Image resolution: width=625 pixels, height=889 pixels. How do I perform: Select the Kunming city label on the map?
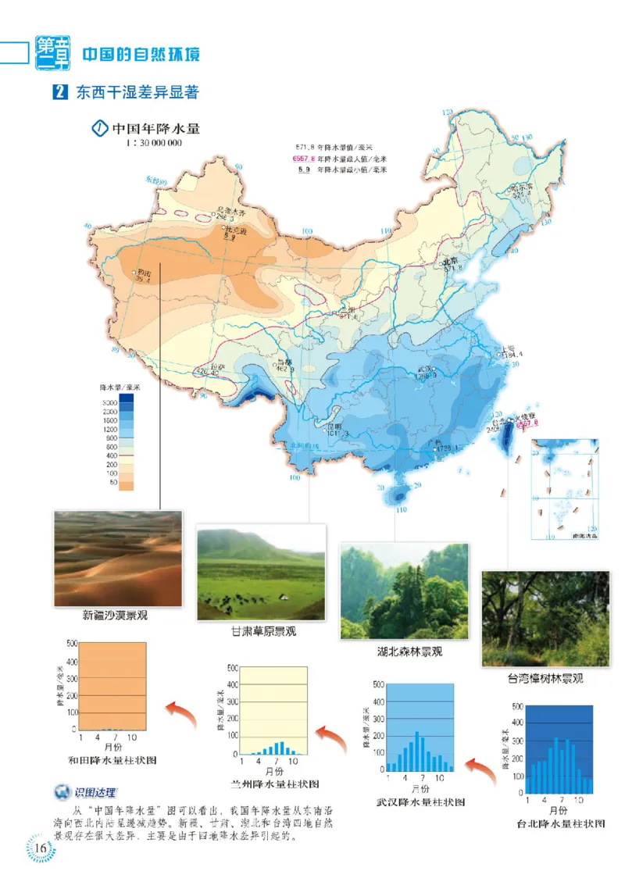[336, 427]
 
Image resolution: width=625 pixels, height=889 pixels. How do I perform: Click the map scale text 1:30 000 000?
[153, 143]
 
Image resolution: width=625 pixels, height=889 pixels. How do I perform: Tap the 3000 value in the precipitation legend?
[109, 402]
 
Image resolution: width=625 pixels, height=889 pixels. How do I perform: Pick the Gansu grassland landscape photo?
[261, 573]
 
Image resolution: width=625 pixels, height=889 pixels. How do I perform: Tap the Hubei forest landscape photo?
[404, 592]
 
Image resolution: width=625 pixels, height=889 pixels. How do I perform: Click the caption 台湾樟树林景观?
[545, 678]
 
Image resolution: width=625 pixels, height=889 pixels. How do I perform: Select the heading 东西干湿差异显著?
[136, 92]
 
